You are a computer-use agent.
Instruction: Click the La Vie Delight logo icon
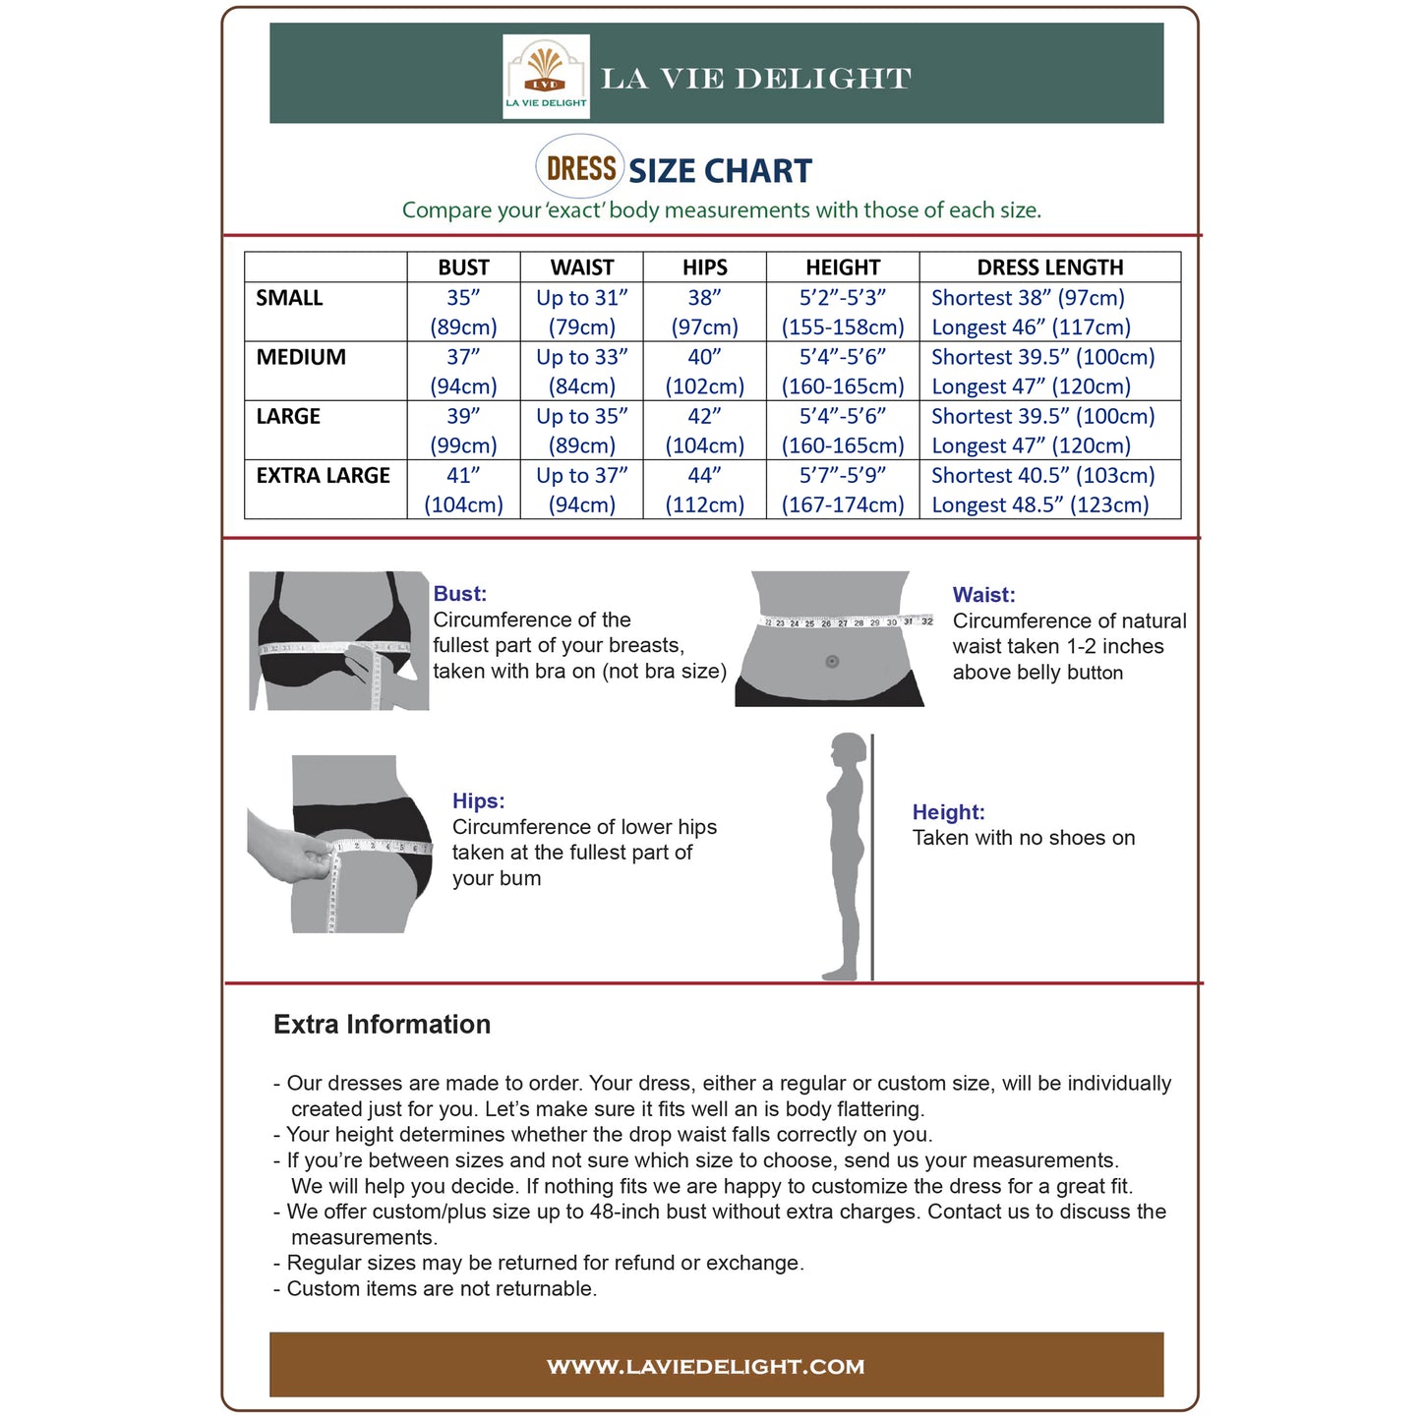click(x=546, y=76)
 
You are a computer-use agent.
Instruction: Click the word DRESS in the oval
click(x=581, y=168)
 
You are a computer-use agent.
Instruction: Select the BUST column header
click(x=463, y=267)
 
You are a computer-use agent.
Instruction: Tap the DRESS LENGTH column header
click(x=1049, y=267)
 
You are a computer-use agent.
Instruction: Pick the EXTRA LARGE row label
click(x=323, y=476)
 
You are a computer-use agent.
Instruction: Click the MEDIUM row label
click(x=301, y=358)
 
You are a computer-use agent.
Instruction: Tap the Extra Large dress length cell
click(x=1042, y=490)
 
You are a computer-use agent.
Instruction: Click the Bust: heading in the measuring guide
click(x=459, y=594)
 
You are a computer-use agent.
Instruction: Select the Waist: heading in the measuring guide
click(x=983, y=595)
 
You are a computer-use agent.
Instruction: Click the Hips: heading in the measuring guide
click(x=478, y=801)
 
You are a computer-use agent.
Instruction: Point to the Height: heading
click(x=948, y=812)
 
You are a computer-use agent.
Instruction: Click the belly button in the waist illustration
click(x=832, y=661)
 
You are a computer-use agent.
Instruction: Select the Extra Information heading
click(x=382, y=1025)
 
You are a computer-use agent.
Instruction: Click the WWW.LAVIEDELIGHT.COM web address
click(x=705, y=1367)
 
